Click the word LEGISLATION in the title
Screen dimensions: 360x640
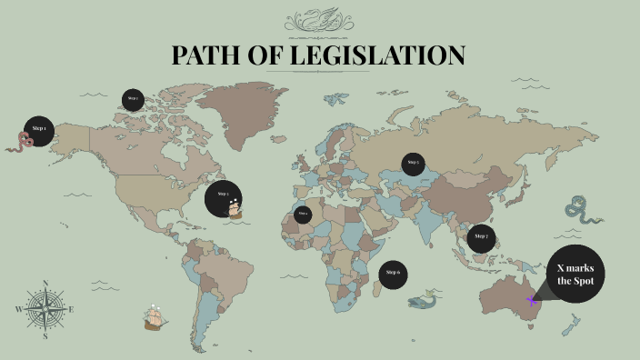click(377, 55)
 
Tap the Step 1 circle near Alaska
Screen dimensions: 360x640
click(39, 129)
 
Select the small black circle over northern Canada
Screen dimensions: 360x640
click(133, 99)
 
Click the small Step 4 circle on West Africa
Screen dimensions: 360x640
click(303, 214)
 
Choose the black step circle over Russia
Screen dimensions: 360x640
click(414, 164)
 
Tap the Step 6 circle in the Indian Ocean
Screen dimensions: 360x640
click(393, 272)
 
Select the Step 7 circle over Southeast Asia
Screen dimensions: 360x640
click(481, 237)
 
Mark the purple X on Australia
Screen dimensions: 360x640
click(532, 300)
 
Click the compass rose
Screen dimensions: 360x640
click(45, 309)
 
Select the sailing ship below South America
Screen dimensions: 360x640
click(156, 317)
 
